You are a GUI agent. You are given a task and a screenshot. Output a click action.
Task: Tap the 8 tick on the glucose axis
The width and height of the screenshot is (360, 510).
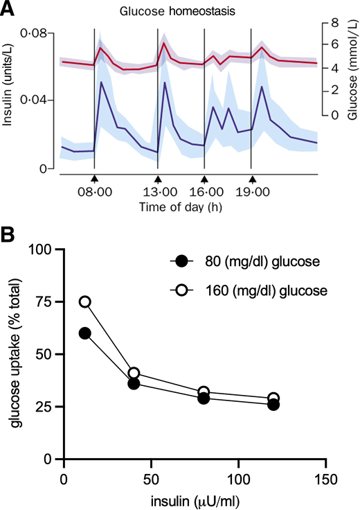click(x=334, y=22)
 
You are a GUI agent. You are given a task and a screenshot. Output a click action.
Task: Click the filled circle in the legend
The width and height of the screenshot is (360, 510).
click(x=181, y=261)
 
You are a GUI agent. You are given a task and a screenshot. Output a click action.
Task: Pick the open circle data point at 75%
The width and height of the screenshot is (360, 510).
click(x=85, y=301)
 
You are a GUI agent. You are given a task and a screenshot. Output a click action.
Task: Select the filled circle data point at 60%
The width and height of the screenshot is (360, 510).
click(x=85, y=333)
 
